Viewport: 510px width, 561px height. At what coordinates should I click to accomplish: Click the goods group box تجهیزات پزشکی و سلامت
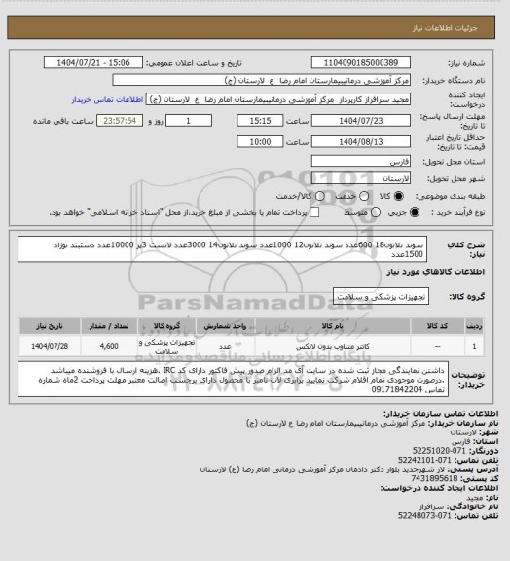[x=374, y=293]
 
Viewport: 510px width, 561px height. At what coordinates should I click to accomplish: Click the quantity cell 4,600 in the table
[x=109, y=346]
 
